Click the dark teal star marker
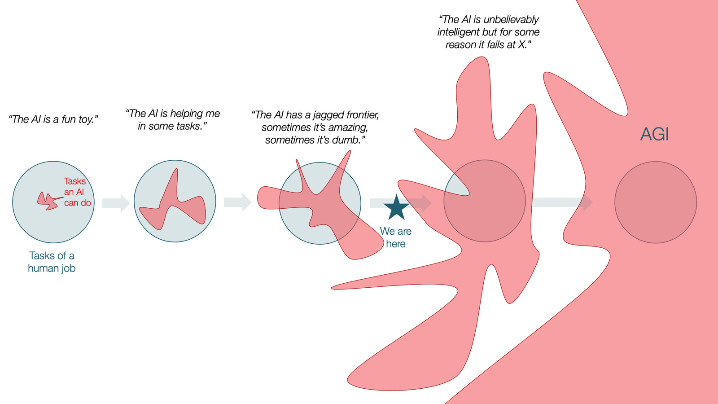point(396,207)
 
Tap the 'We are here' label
point(395,237)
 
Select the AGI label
point(654,134)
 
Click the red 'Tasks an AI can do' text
point(76,192)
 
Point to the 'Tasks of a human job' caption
point(52,262)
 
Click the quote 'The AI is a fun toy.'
point(53,119)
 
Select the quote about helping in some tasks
point(173,120)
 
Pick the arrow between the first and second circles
point(116,203)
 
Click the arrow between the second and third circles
point(237,202)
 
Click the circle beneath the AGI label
point(655,202)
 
